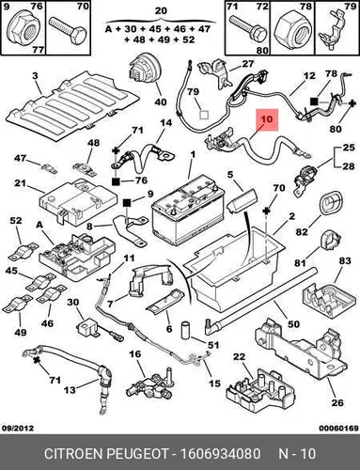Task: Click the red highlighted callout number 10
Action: click(x=267, y=119)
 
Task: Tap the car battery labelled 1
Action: click(x=188, y=211)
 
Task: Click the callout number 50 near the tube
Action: click(x=293, y=323)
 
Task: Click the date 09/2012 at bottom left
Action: click(x=17, y=428)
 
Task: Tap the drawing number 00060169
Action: click(x=338, y=428)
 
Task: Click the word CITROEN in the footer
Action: click(x=74, y=454)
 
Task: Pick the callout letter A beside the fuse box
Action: click(x=39, y=225)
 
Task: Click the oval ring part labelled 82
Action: click(x=328, y=205)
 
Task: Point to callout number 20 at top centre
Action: click(x=161, y=11)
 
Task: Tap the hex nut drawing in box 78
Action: click(x=292, y=32)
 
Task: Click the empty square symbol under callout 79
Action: click(x=204, y=115)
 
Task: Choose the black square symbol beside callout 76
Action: click(x=116, y=180)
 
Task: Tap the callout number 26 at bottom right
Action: click(x=337, y=402)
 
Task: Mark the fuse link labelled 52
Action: click(x=22, y=252)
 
